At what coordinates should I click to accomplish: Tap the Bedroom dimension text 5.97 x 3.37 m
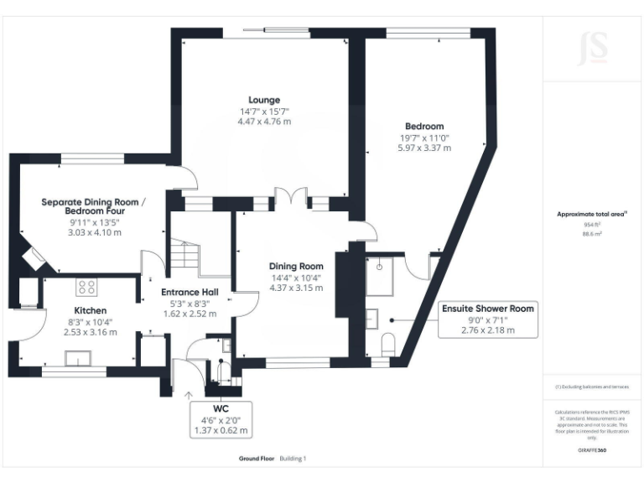[423, 148]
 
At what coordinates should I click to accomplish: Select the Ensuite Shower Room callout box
[487, 319]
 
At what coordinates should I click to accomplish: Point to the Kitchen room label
[91, 309]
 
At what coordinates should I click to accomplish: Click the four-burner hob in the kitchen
[86, 288]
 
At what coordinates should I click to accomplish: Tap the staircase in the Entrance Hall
[187, 252]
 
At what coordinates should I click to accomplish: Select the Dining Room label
[296, 266]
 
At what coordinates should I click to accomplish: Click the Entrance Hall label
[190, 292]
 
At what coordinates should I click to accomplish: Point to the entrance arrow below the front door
[188, 393]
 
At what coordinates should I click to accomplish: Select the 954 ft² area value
[594, 225]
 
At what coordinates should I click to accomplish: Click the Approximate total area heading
[593, 215]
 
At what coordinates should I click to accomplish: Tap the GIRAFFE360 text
[594, 450]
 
